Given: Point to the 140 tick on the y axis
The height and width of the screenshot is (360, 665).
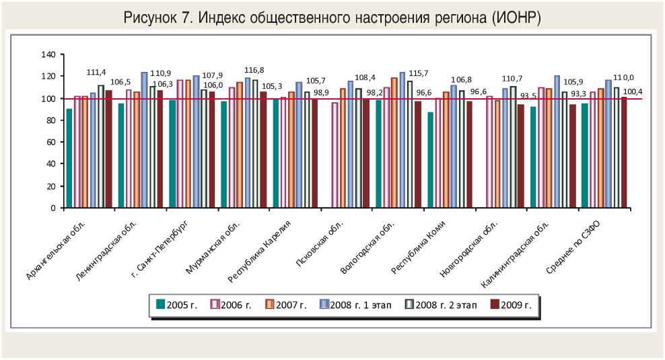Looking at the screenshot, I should click(47, 55).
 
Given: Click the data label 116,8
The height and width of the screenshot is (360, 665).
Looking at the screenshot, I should click(254, 70).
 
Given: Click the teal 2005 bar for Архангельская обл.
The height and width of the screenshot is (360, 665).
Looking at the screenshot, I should click(69, 158).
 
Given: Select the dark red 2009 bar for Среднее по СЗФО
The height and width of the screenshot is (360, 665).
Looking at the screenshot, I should click(623, 153).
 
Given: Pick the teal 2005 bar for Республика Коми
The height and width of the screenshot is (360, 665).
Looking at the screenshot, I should click(430, 160).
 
